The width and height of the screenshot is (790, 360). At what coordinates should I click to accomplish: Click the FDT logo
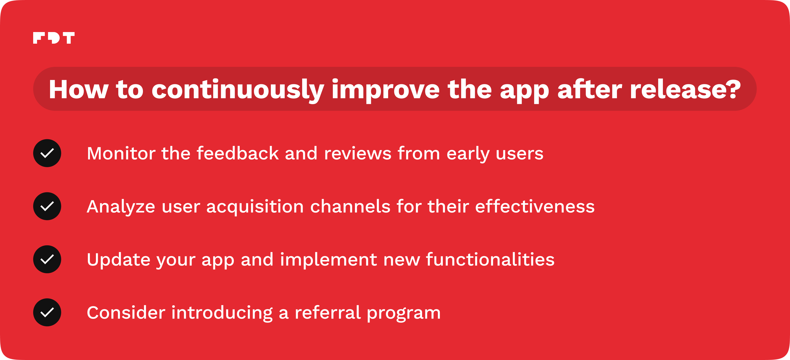point(54,38)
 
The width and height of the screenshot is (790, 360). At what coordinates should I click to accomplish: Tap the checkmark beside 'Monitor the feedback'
point(47,153)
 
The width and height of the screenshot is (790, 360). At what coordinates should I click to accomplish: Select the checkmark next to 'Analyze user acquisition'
point(47,206)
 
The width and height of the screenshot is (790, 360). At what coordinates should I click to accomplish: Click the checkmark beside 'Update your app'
point(47,259)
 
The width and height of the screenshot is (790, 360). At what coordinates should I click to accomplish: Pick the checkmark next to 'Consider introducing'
point(47,312)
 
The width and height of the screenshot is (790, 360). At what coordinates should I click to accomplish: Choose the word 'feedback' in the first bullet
point(238,153)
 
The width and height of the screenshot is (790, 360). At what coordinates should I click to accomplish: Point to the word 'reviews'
point(358,153)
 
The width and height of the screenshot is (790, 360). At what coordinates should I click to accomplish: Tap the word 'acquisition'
point(255,207)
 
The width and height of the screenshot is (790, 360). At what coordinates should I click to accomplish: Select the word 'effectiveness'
point(535,206)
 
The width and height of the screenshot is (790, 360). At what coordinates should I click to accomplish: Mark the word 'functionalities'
point(490,259)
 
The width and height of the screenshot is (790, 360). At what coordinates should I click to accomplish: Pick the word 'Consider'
point(126,313)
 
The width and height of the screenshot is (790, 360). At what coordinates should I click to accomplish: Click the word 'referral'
point(328,312)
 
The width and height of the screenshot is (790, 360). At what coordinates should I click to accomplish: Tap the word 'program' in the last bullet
point(404,314)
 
